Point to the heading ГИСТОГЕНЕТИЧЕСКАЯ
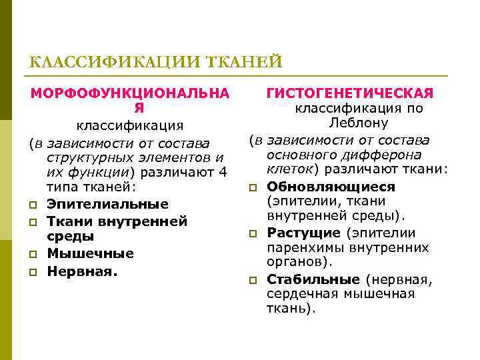pyautogui.click(x=350, y=93)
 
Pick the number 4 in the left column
pyautogui.click(x=223, y=172)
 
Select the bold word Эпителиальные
pyautogui.click(x=107, y=204)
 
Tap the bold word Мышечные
pyautogui.click(x=90, y=253)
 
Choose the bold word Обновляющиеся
pyautogui.click(x=331, y=187)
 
